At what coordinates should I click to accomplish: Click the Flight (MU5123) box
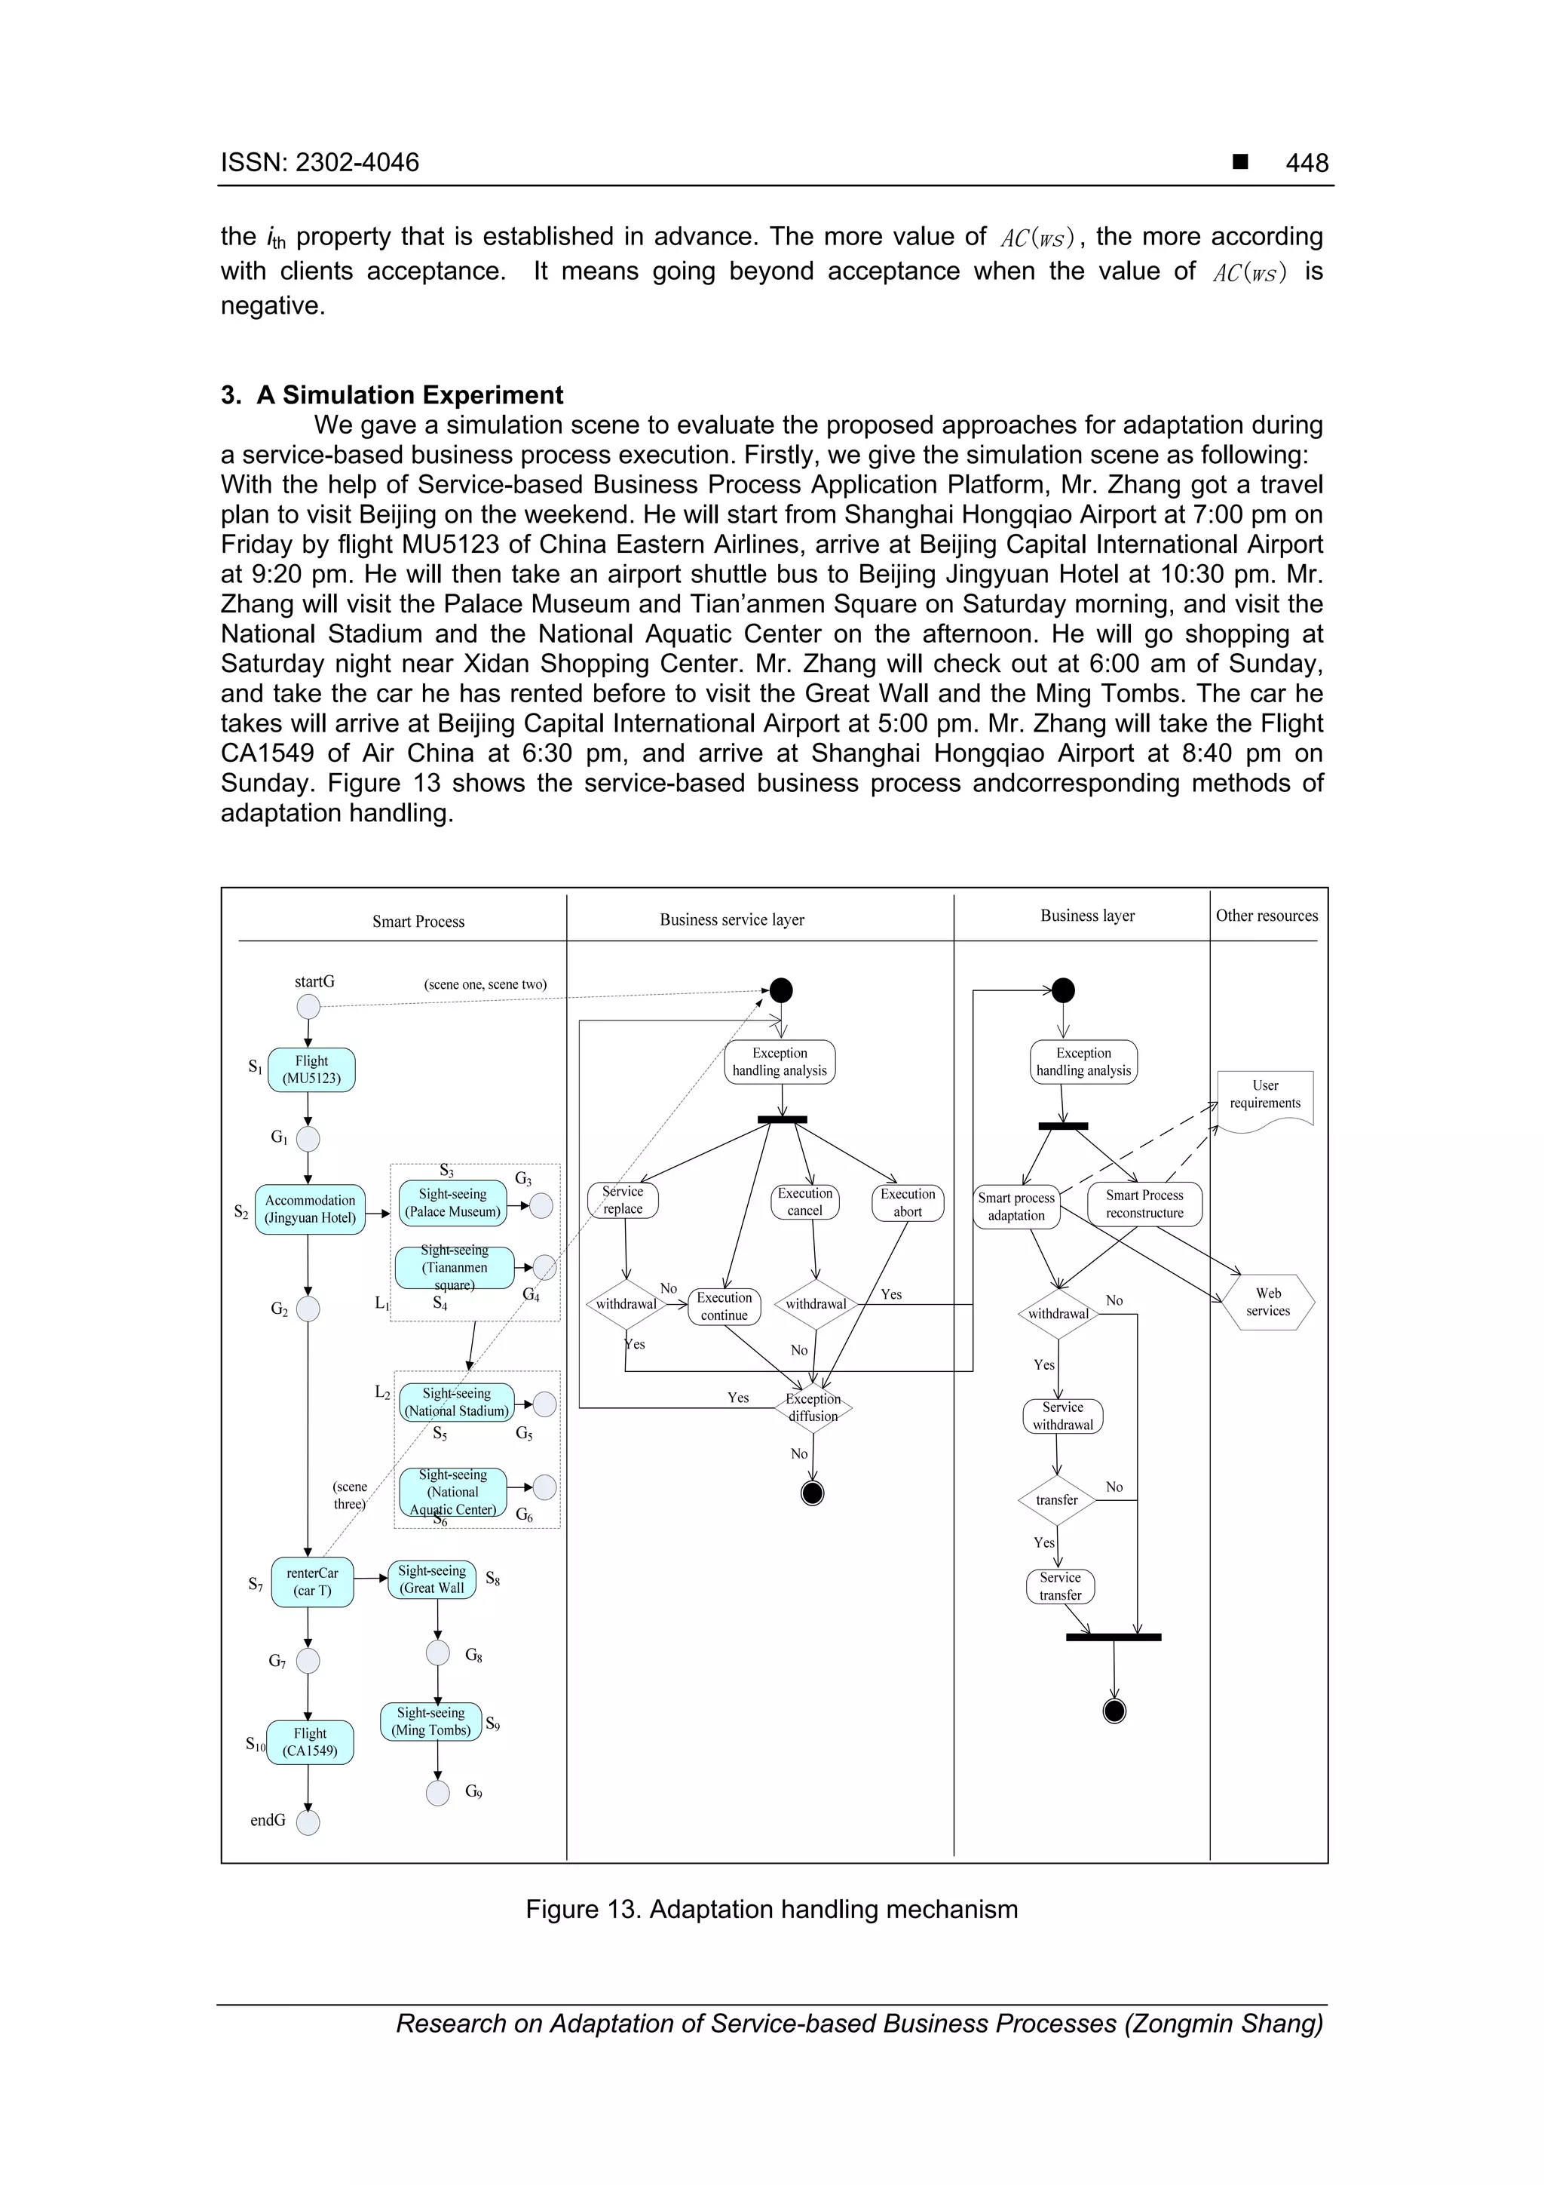311,1069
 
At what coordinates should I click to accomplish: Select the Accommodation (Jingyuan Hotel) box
310,1208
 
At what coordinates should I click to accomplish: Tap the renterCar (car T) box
312,1582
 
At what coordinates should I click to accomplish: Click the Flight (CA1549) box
309,1742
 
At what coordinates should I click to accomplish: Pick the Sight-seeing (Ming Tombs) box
431,1720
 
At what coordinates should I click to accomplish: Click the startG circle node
308,1006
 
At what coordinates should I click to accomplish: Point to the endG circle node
308,1822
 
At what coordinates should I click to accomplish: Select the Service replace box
623,1200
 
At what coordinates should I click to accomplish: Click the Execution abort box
908,1202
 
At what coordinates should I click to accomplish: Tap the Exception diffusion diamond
813,1407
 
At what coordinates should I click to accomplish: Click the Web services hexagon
1268,1302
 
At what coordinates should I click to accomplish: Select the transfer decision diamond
1057,1500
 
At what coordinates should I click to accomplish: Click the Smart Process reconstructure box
1144,1204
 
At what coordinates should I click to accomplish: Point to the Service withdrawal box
1062,1416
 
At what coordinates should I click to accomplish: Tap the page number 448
1307,163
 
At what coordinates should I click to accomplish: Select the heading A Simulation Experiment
392,395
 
